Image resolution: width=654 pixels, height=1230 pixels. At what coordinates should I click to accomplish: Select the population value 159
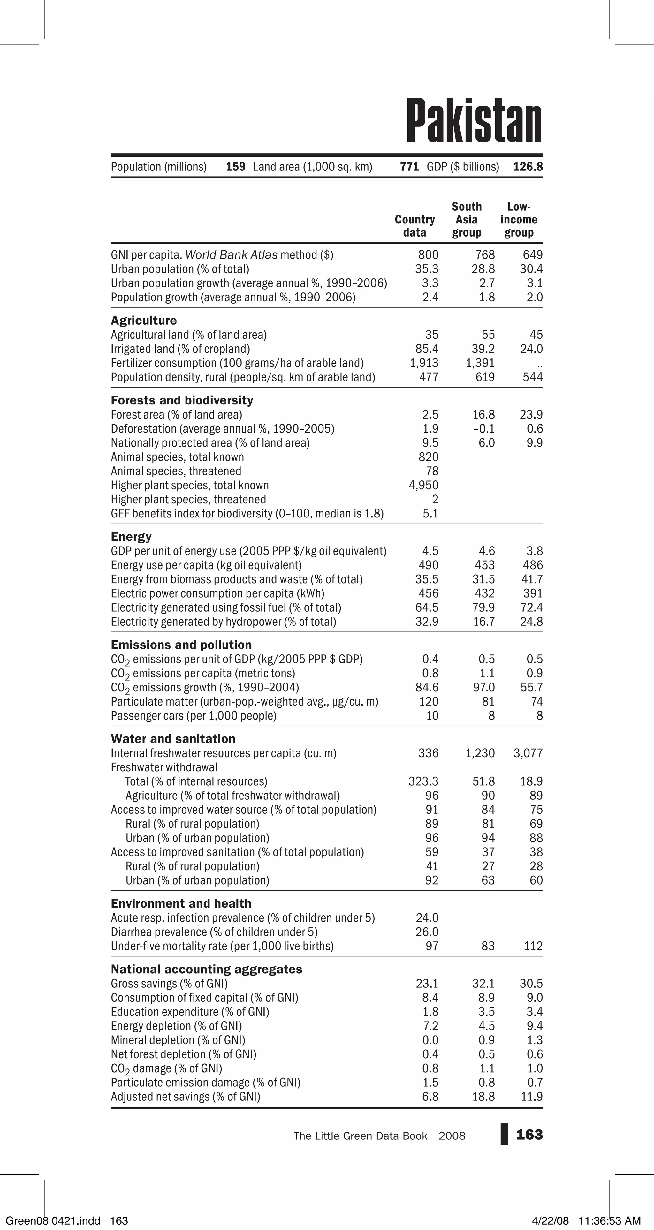coord(236,167)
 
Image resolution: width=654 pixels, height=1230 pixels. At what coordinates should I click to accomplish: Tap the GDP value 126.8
coord(528,167)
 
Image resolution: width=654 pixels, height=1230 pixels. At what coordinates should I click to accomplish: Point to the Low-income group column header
coord(519,220)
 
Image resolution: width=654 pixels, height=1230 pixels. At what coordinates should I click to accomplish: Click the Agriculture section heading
coord(143,321)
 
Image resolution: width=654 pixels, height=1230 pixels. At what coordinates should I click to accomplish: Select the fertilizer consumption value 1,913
coord(424,363)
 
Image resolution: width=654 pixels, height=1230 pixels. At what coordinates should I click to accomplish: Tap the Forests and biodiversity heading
coord(181,400)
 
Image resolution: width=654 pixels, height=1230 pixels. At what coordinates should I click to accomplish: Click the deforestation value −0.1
coord(484,429)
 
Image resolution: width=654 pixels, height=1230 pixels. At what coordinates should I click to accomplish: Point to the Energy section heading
coord(131,537)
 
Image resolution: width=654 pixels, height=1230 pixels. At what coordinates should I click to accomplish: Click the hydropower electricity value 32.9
coord(427,622)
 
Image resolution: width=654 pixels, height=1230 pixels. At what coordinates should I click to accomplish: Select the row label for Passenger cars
coord(194,716)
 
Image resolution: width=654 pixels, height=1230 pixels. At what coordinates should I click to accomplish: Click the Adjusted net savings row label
coord(185,1096)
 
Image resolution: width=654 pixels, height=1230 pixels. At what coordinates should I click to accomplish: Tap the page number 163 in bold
coord(529,1135)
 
